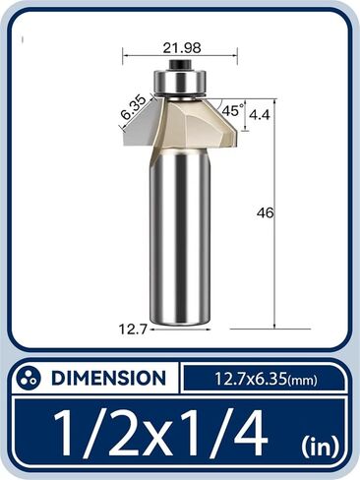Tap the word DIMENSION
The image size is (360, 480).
pyautogui.click(x=107, y=378)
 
